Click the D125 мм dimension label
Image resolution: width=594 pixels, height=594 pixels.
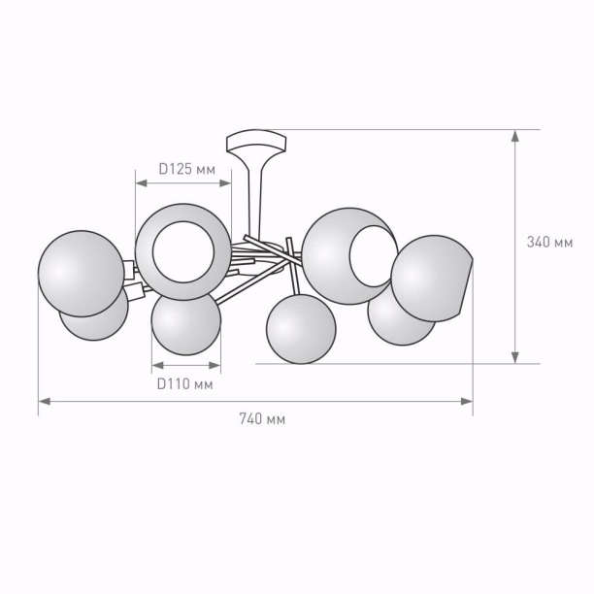tap(186, 169)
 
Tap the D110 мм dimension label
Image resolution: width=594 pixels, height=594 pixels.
tap(184, 384)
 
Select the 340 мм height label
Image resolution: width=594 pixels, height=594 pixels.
tap(549, 242)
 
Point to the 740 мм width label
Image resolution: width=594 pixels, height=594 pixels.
tap(262, 419)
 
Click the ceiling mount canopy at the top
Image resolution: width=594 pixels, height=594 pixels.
tap(256, 142)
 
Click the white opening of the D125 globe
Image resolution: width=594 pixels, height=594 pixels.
tap(183, 252)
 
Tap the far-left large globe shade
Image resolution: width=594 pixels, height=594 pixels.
tap(82, 274)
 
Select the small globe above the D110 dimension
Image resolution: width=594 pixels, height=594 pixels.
tap(186, 323)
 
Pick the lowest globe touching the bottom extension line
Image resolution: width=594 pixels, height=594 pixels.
tap(301, 329)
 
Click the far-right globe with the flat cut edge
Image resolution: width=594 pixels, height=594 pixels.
tap(430, 279)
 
